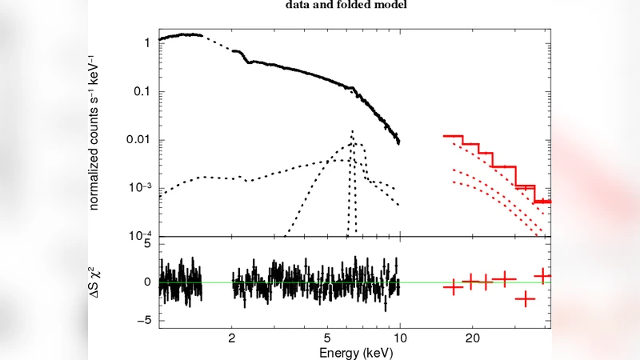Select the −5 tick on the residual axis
pos(144,321)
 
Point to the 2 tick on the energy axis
pos(232,338)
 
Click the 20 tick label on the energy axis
pos(472,338)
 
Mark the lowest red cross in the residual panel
pos(525,299)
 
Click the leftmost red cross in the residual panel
pos(454,287)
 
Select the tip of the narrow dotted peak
pos(351,131)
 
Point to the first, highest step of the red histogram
pos(454,136)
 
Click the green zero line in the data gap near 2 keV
pos(217,282)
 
